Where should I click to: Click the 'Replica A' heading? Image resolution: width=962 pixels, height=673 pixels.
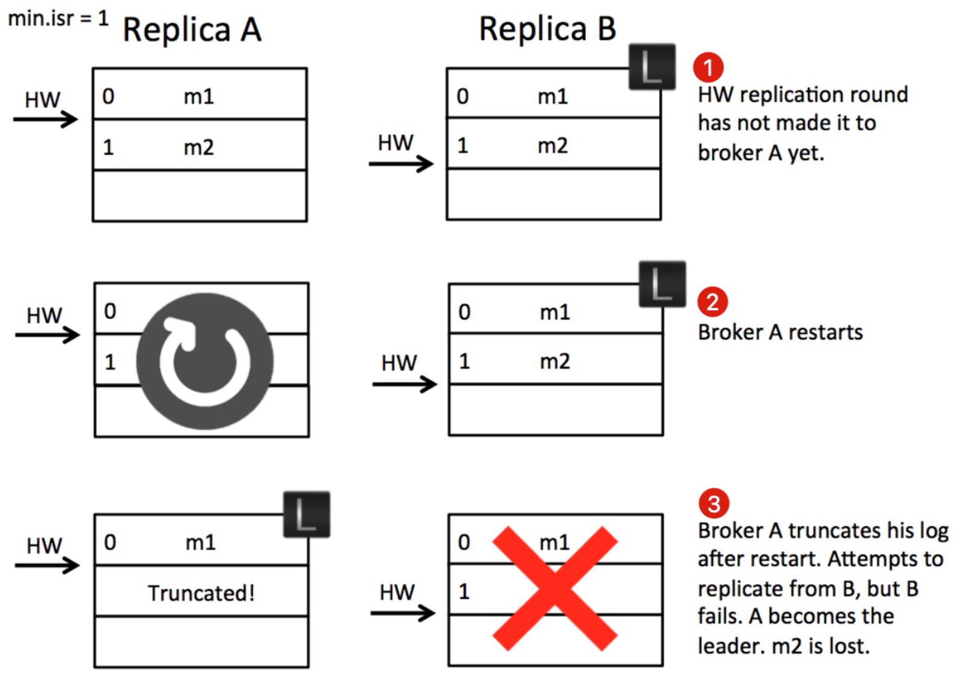coord(192,30)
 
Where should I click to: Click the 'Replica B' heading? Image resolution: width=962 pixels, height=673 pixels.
coord(548,28)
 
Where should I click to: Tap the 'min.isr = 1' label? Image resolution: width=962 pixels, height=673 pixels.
coord(58,19)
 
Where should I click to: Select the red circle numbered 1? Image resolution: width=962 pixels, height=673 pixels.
coord(708,68)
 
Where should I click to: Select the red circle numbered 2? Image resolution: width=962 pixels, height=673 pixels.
coord(713,302)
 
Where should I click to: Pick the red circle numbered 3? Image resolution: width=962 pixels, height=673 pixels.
coord(714,503)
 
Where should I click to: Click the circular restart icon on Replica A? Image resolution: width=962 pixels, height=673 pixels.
coord(205,361)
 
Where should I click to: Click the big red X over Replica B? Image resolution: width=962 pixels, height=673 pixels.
coord(555,588)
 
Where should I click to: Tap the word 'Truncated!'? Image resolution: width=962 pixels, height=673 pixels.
coord(201,593)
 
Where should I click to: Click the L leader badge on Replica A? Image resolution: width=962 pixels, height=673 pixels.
coord(307,514)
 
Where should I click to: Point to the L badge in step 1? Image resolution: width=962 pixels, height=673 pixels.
coord(652,66)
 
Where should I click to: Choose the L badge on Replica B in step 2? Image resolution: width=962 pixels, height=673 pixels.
coord(662,284)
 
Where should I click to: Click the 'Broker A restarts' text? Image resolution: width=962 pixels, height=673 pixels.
coord(780,332)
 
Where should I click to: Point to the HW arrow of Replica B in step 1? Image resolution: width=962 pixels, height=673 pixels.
coord(401,164)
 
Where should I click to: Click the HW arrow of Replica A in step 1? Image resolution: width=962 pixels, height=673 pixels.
coord(45,119)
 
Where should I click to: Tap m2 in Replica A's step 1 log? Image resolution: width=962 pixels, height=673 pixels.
coord(199,148)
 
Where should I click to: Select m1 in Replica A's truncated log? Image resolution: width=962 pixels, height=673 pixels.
coord(200,543)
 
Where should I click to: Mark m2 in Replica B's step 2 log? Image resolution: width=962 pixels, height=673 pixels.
coord(555,362)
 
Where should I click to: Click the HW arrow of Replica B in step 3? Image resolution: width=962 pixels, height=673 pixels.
coord(403,613)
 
